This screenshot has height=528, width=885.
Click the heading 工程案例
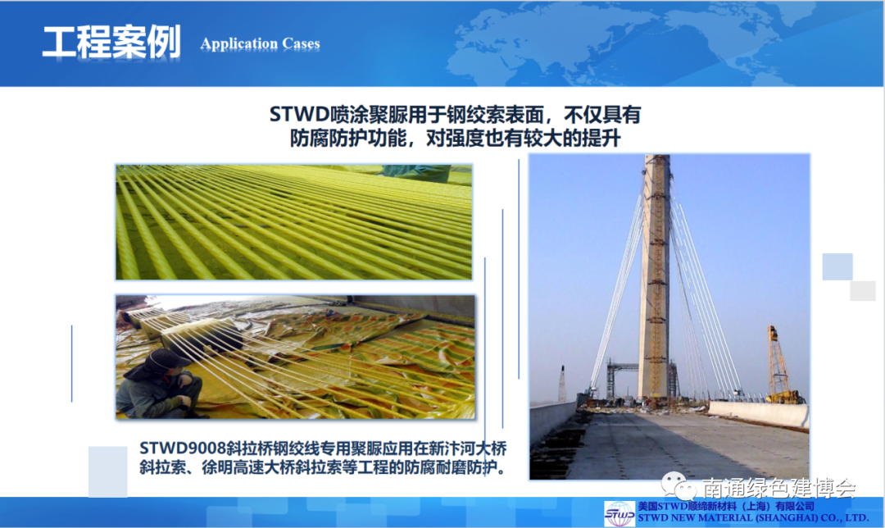[111, 42]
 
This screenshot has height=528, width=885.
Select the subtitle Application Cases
[261, 43]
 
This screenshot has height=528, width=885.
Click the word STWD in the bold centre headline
[299, 115]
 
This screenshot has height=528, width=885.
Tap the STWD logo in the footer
[619, 513]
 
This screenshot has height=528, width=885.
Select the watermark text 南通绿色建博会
[779, 488]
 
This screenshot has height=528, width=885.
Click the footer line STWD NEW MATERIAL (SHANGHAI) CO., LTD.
[754, 518]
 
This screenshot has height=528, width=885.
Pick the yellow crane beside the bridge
[781, 364]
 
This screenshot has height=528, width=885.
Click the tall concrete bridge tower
[654, 276]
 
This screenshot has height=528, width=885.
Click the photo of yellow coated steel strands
[294, 222]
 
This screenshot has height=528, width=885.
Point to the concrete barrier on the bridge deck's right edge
[759, 414]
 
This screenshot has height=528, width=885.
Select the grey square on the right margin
[862, 291]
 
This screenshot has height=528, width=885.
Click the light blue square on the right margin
[837, 267]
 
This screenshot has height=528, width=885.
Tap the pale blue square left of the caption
[108, 471]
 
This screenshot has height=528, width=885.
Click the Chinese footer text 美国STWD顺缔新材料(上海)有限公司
[726, 506]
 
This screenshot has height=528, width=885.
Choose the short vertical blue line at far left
[71, 364]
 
